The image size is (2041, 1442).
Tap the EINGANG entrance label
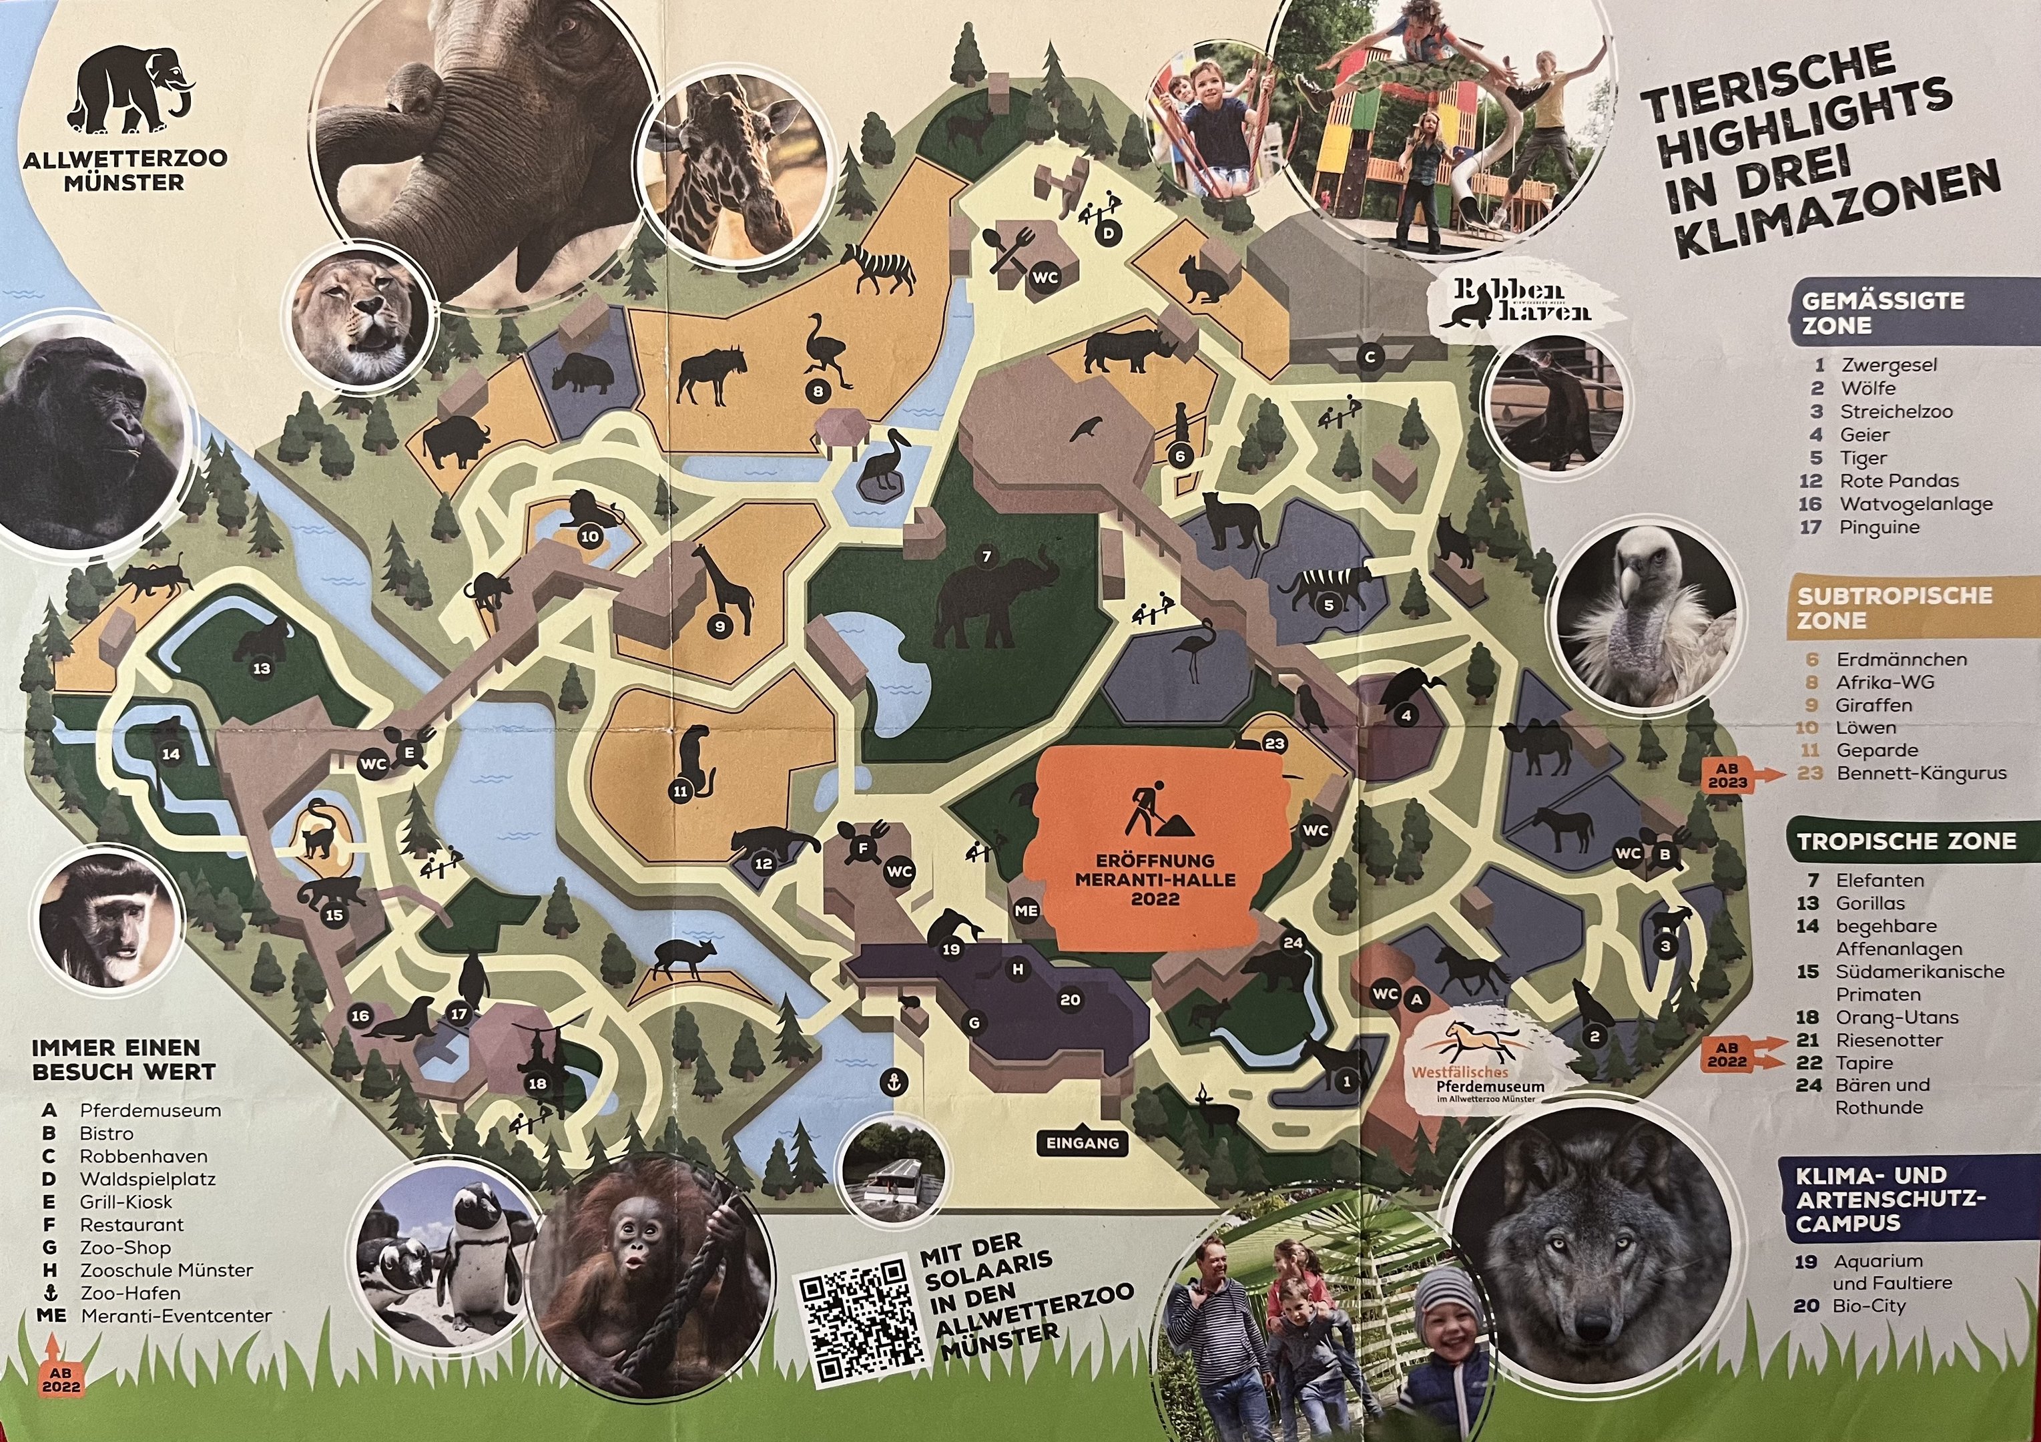pyautogui.click(x=1083, y=1144)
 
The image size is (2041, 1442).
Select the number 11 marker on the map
pyautogui.click(x=681, y=790)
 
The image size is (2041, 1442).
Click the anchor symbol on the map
pyautogui.click(x=894, y=1082)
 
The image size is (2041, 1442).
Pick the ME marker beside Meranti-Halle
pyautogui.click(x=1026, y=911)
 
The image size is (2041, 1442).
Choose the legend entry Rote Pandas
pyautogui.click(x=1899, y=481)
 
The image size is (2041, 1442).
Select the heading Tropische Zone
pyautogui.click(x=1906, y=842)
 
